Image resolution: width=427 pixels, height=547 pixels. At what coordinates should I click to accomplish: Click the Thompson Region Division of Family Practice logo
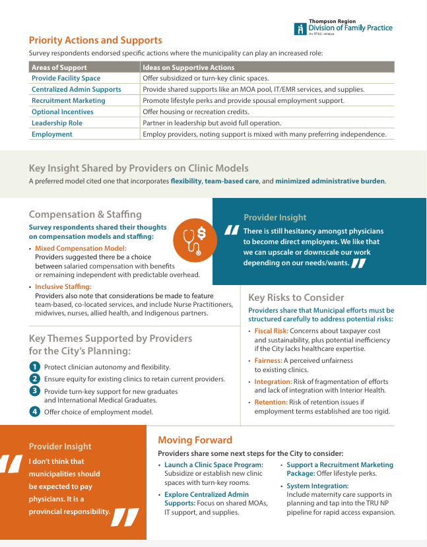(x=344, y=27)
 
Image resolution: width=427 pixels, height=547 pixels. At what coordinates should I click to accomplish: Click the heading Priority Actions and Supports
(x=95, y=40)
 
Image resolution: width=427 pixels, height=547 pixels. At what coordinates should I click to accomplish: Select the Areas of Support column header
(x=59, y=67)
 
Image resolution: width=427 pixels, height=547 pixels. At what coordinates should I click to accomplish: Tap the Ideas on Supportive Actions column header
(x=188, y=67)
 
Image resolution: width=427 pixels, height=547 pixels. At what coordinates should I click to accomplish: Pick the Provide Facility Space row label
(x=66, y=78)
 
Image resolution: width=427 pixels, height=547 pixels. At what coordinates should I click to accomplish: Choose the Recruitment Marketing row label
(x=68, y=100)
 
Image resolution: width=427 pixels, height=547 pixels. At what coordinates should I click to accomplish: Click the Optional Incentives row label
(x=63, y=112)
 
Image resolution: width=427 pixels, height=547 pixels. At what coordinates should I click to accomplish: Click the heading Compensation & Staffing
(x=85, y=214)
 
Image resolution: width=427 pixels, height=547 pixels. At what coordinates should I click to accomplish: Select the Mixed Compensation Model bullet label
(x=81, y=249)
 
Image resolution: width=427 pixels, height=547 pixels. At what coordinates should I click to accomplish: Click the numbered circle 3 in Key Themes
(x=35, y=391)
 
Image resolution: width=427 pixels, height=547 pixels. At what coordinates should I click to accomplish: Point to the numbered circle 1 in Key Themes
(x=35, y=367)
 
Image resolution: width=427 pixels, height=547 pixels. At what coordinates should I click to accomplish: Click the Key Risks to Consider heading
(x=296, y=298)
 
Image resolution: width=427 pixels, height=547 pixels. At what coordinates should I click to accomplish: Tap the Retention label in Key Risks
(x=271, y=402)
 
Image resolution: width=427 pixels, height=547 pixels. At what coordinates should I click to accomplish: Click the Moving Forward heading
(x=195, y=440)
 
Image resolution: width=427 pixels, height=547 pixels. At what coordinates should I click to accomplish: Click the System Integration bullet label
(x=317, y=486)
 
